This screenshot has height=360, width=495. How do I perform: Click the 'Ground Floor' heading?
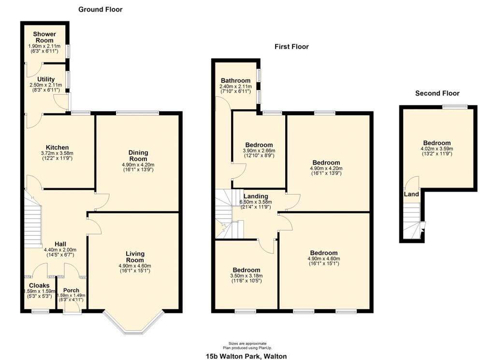(x=100, y=9)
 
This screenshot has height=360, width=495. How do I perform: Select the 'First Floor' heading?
(x=291, y=47)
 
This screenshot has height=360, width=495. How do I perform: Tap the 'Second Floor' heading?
(x=437, y=93)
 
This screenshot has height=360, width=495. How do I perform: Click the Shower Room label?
(x=44, y=37)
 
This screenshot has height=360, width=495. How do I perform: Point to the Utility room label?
(x=46, y=79)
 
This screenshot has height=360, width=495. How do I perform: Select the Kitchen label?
(x=57, y=148)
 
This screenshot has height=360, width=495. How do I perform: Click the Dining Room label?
(x=138, y=155)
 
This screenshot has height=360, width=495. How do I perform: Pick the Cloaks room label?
(x=39, y=285)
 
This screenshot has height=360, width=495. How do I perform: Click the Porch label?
(x=71, y=290)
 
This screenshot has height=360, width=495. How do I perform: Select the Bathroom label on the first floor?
(x=235, y=80)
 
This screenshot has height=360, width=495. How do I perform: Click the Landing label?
(x=256, y=196)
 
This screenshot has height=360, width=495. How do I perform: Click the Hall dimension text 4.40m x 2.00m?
(x=60, y=250)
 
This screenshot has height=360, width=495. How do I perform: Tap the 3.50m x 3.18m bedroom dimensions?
(x=246, y=276)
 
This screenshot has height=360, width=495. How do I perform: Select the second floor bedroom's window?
(x=452, y=106)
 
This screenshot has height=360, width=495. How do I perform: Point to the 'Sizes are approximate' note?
(x=247, y=343)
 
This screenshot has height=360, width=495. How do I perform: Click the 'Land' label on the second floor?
(x=411, y=194)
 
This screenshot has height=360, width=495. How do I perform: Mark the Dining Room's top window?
(x=137, y=113)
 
